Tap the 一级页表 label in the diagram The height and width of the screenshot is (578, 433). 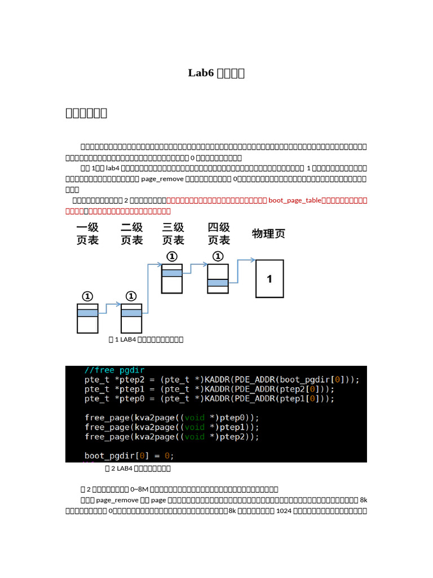tap(87, 234)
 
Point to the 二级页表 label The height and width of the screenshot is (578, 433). tap(132, 234)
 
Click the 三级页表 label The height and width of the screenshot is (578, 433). tap(173, 234)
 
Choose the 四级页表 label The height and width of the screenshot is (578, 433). tap(219, 234)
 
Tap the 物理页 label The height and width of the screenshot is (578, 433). tap(268, 234)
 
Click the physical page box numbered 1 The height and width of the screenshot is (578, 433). tap(269, 279)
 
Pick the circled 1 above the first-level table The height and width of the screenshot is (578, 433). tap(87, 296)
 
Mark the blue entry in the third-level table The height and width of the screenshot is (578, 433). tap(172, 273)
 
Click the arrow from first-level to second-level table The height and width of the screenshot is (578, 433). tap(109, 305)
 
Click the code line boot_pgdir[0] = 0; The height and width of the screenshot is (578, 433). tap(129, 456)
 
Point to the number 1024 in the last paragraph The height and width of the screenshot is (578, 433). tap(281, 511)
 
